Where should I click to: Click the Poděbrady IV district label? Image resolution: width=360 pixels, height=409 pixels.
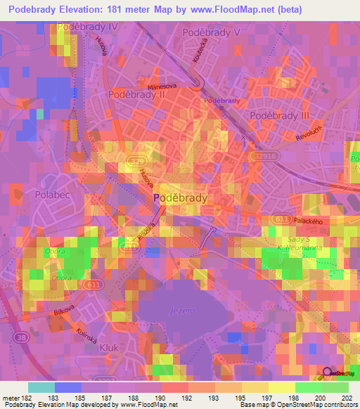tap(88, 27)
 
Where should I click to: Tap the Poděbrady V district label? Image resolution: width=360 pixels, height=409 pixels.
tap(211, 32)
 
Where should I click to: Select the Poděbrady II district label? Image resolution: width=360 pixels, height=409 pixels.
tap(136, 93)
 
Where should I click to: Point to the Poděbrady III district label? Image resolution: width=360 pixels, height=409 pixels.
tap(280, 115)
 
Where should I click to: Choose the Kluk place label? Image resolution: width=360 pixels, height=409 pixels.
tap(109, 347)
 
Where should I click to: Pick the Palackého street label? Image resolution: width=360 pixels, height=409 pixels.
tap(312, 221)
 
